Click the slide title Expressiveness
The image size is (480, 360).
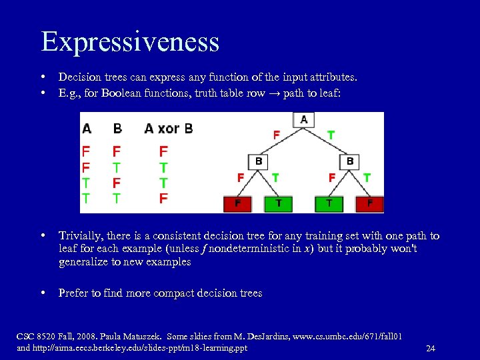coord(130,41)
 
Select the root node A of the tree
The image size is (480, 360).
coord(304,120)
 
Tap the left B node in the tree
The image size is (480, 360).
coord(259,161)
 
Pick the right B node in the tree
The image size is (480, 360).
coord(350,161)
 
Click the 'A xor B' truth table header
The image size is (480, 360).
coord(168,128)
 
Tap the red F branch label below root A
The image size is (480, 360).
coord(276,134)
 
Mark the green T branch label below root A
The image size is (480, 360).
coord(331,134)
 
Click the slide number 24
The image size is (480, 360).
coord(430,349)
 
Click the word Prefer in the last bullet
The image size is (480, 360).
coord(74,293)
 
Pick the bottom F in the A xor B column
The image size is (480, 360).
coord(163,198)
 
